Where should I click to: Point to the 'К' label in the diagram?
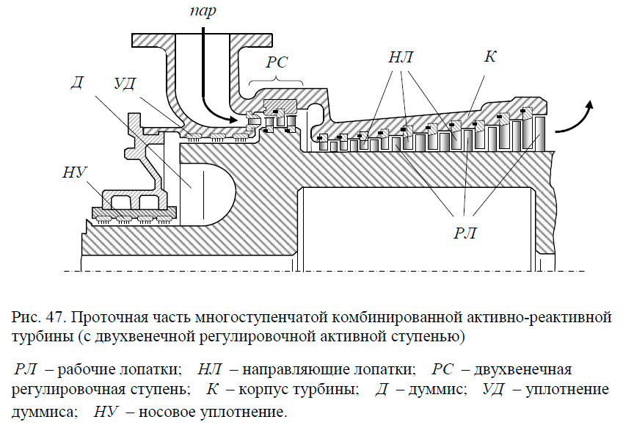490,57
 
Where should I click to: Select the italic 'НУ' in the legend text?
106,412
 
